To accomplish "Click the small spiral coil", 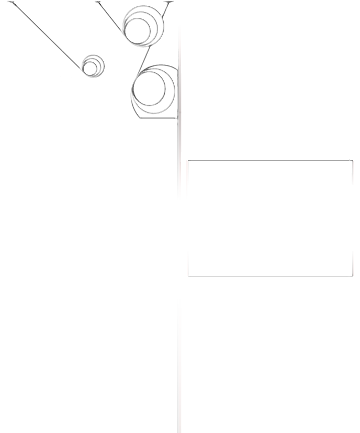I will pyautogui.click(x=93, y=65).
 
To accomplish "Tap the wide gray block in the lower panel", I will pyautogui.click(x=219, y=263).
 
